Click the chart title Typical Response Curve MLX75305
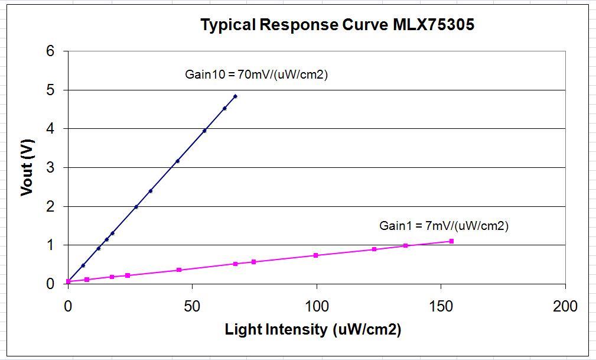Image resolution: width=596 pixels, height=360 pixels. coord(337,25)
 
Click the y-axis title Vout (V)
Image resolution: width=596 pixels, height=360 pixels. coord(27,167)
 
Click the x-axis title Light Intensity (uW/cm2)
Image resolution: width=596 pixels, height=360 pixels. coord(313,330)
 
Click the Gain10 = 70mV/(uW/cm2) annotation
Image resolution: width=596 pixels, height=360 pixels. coord(256,75)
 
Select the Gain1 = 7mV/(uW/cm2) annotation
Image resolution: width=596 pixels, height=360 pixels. coord(444,226)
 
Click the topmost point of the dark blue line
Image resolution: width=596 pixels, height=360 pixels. coord(235,96)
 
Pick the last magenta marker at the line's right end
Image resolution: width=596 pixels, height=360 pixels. coord(451,241)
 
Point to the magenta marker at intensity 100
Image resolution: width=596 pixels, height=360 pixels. coord(316,255)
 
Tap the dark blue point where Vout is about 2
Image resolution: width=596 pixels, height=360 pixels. coord(136,207)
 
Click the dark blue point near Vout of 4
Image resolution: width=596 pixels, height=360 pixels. coord(204,131)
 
